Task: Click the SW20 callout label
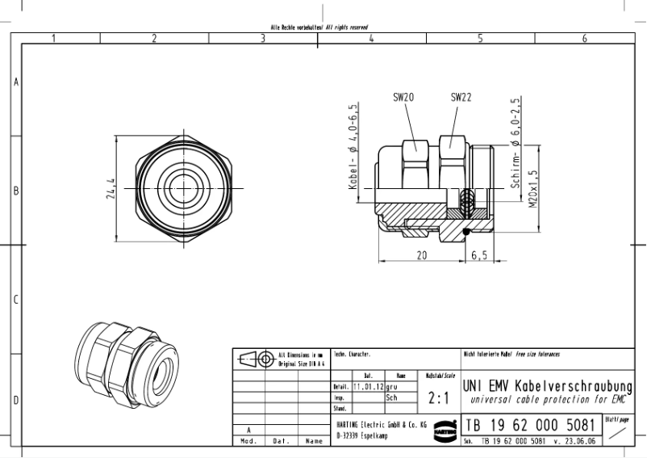403,97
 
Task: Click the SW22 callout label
461,97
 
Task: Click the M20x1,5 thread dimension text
532,190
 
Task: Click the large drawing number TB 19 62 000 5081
532,424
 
